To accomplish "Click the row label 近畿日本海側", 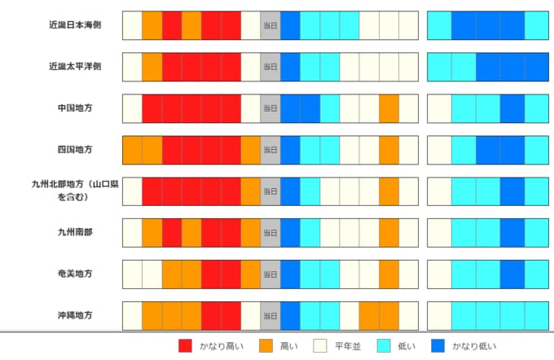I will (x=74, y=25).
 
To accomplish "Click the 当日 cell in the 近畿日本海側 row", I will (x=270, y=25).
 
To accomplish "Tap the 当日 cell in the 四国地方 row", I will (x=270, y=150).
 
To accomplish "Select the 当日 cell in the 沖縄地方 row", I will (x=270, y=315).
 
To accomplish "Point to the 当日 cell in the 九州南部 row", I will (x=270, y=233).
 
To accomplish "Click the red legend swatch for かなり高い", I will (x=186, y=346).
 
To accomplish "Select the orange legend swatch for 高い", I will (x=266, y=346).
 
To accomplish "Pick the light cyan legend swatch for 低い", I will (x=384, y=346).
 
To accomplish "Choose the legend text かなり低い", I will (x=474, y=346).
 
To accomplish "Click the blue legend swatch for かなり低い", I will (x=438, y=346).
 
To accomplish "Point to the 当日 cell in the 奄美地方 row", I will (x=270, y=274).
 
